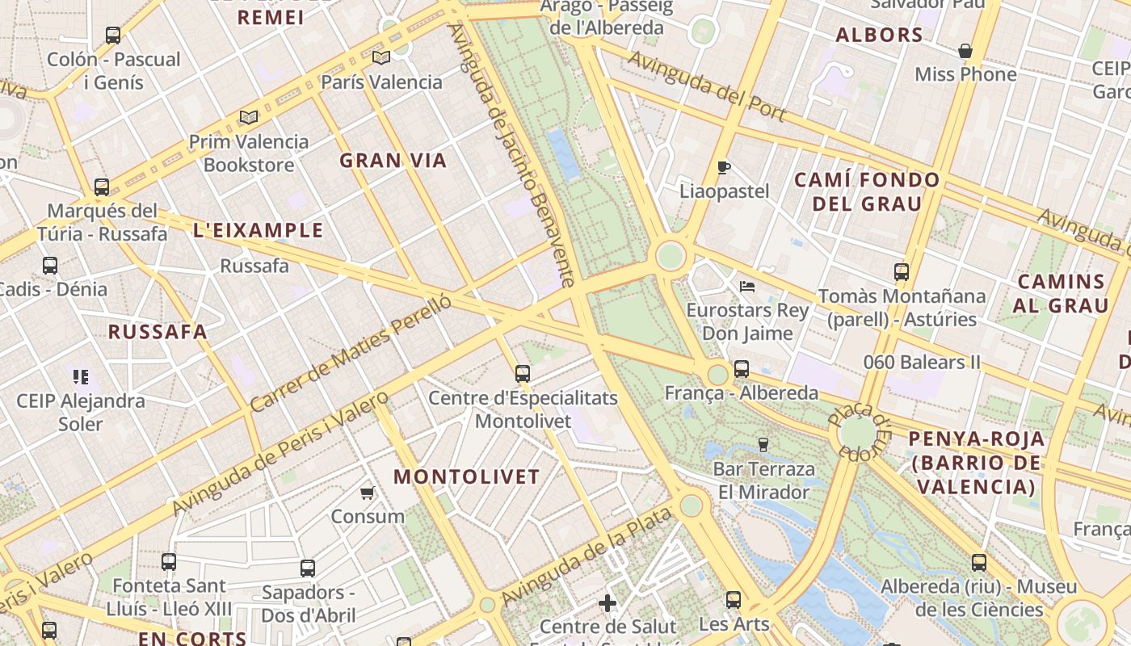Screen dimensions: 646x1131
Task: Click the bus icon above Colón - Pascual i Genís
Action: coord(113,36)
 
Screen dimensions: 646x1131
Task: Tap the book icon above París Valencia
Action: coord(381,57)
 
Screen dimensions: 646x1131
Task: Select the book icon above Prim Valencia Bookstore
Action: coord(249,118)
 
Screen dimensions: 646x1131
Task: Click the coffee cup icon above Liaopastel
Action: coord(724,168)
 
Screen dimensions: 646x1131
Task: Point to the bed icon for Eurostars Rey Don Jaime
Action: coord(747,287)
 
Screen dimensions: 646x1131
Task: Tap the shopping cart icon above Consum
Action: coord(368,493)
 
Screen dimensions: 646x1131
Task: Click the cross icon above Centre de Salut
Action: coord(608,603)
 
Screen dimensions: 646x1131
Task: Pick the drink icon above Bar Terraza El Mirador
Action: coord(763,445)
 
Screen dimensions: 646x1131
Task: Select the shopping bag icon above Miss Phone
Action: coord(965,52)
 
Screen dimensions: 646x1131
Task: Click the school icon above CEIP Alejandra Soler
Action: coord(80,376)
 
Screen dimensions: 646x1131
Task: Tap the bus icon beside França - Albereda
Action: coord(742,369)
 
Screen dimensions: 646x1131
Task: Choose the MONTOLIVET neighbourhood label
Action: coord(466,476)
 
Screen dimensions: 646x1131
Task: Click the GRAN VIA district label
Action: coord(393,161)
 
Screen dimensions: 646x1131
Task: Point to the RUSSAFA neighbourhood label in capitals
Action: coord(158,332)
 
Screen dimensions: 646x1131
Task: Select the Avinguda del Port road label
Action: coord(707,86)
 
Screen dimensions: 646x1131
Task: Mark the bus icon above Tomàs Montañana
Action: coord(902,272)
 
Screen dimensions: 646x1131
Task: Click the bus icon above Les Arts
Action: coord(734,600)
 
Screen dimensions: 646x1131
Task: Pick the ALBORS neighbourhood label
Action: coord(879,35)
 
